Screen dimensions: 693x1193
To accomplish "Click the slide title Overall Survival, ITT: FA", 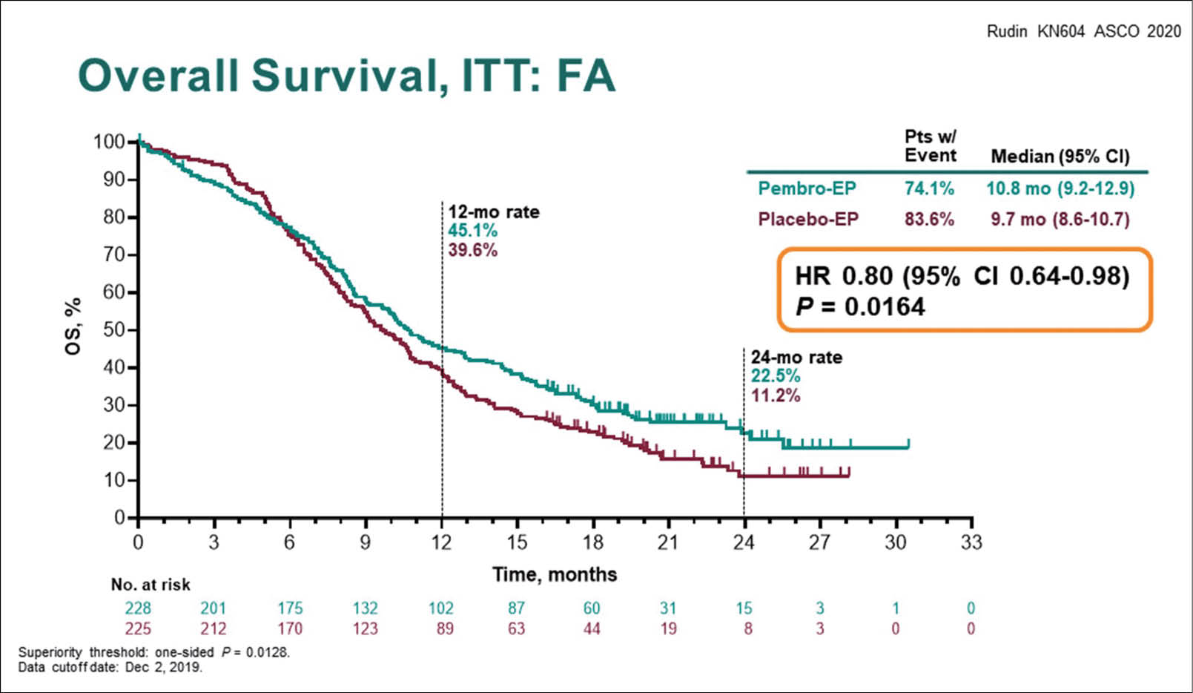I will (346, 76).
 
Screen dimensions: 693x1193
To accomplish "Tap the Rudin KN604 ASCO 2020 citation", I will (1083, 31).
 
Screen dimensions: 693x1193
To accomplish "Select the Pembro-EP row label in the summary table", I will (807, 188).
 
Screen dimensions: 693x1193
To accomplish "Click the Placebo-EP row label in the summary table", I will (807, 220).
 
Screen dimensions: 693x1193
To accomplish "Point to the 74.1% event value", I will (929, 188).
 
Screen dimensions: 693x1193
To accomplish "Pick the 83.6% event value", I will (929, 220).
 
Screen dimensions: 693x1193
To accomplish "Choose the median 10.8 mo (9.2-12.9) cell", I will (1060, 188).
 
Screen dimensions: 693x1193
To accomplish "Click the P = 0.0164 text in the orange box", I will (860, 306).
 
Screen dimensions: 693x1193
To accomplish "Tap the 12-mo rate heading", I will (493, 212).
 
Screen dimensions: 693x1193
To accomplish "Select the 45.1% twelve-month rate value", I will (472, 231).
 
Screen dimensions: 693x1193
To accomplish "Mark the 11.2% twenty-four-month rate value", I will (775, 395).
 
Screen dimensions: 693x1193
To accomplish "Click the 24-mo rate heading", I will (796, 358).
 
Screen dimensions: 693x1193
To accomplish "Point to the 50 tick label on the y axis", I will (113, 329).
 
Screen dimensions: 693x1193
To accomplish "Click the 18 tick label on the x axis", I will (592, 542).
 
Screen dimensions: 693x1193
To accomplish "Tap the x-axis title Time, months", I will (555, 574).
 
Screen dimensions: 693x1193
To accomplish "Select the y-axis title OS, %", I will (73, 326).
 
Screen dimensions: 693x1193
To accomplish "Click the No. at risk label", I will (151, 585).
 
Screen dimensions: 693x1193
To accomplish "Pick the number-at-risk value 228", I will (138, 608).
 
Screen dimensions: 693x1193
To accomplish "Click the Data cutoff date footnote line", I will (110, 667).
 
